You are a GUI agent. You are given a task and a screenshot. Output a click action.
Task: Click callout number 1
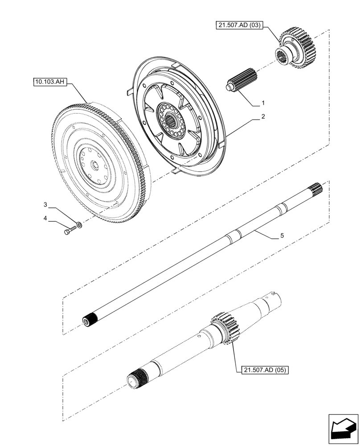coord(263,103)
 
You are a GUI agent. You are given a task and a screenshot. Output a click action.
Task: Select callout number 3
coord(45,204)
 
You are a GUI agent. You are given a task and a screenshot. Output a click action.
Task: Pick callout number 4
coord(45,218)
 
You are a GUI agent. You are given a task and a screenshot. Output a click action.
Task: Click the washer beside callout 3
coord(79,225)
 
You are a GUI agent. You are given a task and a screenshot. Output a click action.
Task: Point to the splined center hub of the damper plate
coord(172,119)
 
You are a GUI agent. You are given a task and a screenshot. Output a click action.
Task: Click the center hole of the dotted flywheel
coord(94,164)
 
